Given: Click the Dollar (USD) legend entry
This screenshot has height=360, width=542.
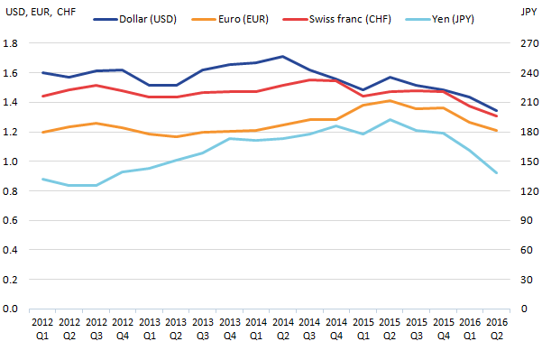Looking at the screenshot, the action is [135, 19].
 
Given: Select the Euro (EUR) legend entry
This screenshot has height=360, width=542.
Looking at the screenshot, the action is [230, 19].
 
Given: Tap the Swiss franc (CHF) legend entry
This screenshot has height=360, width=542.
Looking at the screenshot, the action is [337, 19].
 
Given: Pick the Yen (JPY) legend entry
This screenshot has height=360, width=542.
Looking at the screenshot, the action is [440, 19].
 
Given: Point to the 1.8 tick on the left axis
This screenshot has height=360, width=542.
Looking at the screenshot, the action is [10, 43].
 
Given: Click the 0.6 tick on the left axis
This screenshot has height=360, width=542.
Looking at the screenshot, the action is [10, 220].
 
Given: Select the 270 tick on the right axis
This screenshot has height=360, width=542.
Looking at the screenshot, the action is [529, 43].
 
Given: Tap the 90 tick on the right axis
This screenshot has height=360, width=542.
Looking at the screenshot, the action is [527, 220].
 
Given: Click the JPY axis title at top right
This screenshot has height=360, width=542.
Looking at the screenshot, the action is [528, 12].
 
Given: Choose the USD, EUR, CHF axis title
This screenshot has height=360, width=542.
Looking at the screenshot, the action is [41, 12].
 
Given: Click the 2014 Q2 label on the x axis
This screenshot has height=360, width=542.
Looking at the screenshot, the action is [283, 329].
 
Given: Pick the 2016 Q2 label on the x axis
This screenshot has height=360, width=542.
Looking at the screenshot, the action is [497, 329].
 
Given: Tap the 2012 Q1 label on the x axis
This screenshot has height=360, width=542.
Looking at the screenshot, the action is [42, 329].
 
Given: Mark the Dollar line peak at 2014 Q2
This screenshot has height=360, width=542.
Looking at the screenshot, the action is [283, 56].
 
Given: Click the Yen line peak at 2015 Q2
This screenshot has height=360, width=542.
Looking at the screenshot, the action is [390, 120].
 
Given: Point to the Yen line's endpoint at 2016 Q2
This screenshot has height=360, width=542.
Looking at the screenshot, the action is [497, 172].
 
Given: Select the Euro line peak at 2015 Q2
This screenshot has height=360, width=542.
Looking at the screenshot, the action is [390, 101].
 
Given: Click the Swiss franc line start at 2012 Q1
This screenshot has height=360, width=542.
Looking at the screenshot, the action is [42, 97].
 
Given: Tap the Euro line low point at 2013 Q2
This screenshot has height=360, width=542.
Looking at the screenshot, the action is [176, 136].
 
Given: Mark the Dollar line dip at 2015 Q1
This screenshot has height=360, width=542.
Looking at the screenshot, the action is [363, 90].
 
